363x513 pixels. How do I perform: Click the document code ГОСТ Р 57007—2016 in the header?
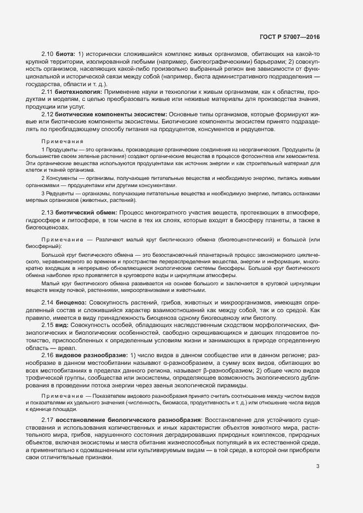[289, 37]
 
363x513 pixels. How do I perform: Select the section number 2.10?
[47, 54]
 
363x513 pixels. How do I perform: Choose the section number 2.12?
[47, 114]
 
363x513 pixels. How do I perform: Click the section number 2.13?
[47, 212]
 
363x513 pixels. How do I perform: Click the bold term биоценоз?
[70, 303]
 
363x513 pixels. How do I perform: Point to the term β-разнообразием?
[225, 371]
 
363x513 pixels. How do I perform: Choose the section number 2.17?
[47, 420]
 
